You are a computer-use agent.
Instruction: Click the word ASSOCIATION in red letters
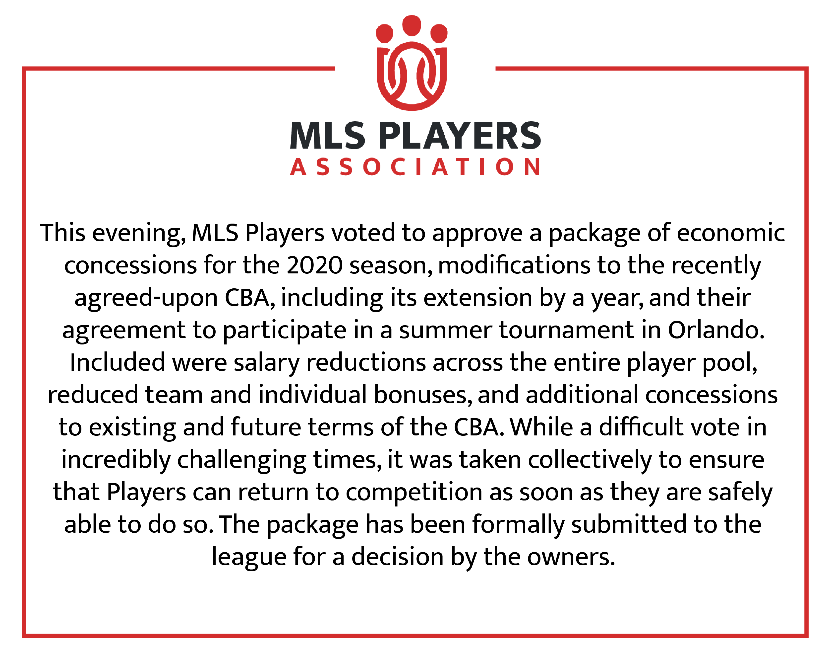pos(415,167)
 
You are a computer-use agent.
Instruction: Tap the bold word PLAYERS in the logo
pos(460,135)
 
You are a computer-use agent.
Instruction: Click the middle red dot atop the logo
pos(412,25)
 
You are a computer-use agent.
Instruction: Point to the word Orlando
pos(716,330)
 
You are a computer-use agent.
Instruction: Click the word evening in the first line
pos(139,234)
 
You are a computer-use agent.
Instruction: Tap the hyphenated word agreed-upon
pos(146,298)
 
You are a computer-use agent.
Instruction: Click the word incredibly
pos(116,460)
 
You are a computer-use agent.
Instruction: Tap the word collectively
pos(590,460)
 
